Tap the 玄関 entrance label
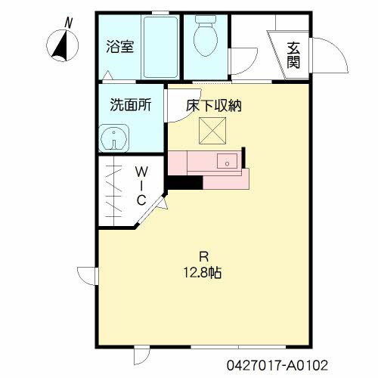pos(293,53)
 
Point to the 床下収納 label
pos(214,106)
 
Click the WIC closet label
pos(141,186)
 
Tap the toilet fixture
pos(205,36)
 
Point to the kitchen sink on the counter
pos(226,161)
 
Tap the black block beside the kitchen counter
pos(184,181)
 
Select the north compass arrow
pos(60,46)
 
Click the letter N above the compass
pos(69,23)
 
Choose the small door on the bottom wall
pos(142,355)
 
